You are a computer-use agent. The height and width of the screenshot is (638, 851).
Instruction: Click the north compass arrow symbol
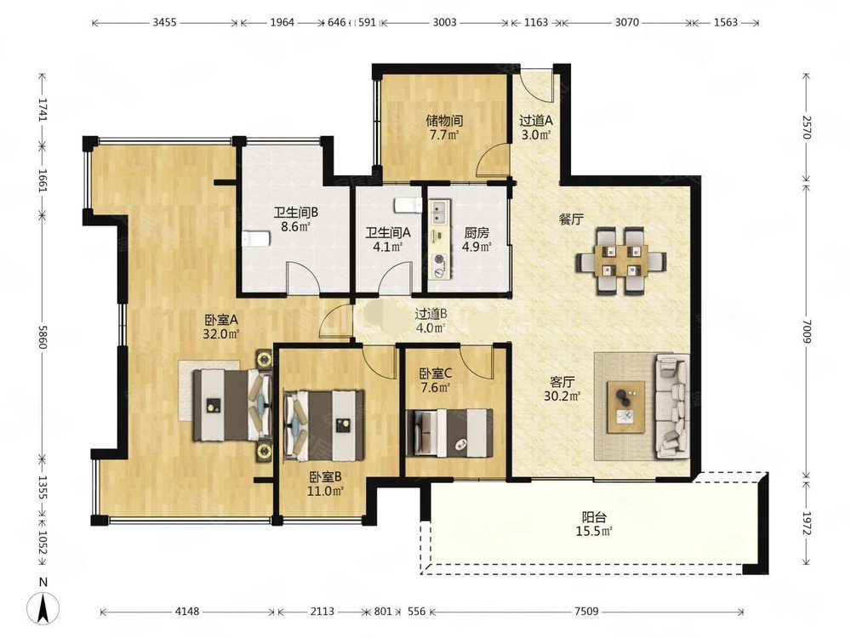[44, 607]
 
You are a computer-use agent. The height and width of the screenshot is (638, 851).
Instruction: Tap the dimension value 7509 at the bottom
[586, 612]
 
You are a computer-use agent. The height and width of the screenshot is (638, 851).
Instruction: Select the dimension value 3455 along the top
[164, 22]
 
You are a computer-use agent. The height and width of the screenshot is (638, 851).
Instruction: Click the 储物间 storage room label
[444, 121]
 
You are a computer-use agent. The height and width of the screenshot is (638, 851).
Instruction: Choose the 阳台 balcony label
[594, 517]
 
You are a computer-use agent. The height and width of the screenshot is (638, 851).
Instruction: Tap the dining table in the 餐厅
[621, 260]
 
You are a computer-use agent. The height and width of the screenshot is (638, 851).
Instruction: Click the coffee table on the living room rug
[626, 407]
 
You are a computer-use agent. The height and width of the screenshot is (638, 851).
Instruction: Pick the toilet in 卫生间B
[255, 239]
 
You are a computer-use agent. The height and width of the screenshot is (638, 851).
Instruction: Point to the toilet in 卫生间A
[407, 206]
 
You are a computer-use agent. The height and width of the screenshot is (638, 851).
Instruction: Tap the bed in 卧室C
[449, 432]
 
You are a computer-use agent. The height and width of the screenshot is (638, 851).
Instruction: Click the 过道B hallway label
[431, 314]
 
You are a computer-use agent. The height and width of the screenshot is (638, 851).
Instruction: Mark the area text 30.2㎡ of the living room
[563, 396]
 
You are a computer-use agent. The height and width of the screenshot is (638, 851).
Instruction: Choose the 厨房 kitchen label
[477, 233]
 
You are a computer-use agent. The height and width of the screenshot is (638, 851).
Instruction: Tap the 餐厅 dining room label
[572, 219]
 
